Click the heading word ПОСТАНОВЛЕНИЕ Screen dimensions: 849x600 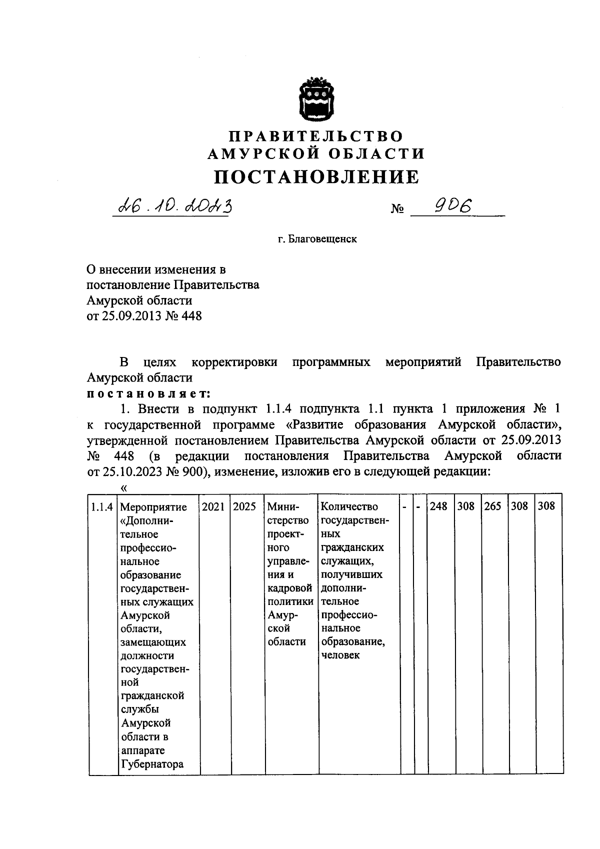click(316, 176)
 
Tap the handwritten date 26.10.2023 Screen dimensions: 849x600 click(173, 205)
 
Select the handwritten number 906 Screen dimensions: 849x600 click(454, 206)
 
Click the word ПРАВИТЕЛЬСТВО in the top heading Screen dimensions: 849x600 click(316, 136)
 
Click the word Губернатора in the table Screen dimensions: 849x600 click(152, 764)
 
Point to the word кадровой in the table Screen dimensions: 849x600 click(290, 588)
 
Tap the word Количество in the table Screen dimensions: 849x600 click(350, 506)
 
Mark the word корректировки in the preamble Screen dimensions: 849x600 click(234, 361)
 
